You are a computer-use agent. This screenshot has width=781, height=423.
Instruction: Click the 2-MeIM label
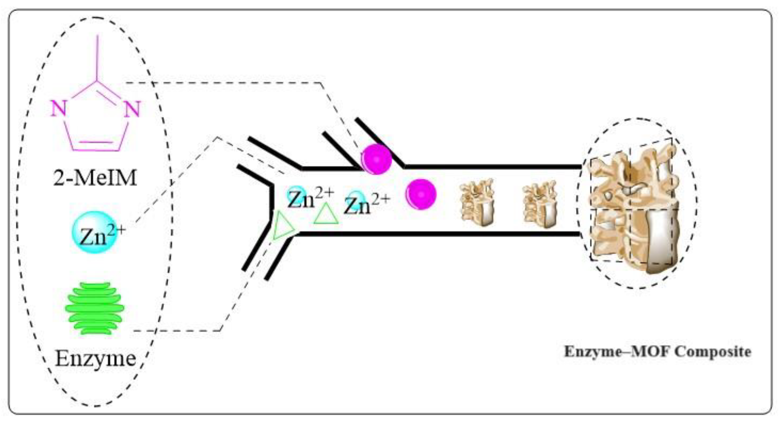coord(95,178)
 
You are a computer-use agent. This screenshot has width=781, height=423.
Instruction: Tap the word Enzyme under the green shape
coord(95,359)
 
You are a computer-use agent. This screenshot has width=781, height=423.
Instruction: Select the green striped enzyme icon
coord(95,308)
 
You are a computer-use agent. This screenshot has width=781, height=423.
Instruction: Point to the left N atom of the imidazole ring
coord(58,109)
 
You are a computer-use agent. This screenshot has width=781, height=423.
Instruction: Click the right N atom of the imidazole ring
coord(132,109)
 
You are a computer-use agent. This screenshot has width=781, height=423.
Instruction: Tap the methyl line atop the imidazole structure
coord(97,58)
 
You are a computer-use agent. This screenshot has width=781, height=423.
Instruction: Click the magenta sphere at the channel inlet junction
coord(376,159)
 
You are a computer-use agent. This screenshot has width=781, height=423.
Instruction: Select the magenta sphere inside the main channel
coord(421,194)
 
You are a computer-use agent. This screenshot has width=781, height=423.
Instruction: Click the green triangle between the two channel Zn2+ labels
coord(326,215)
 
